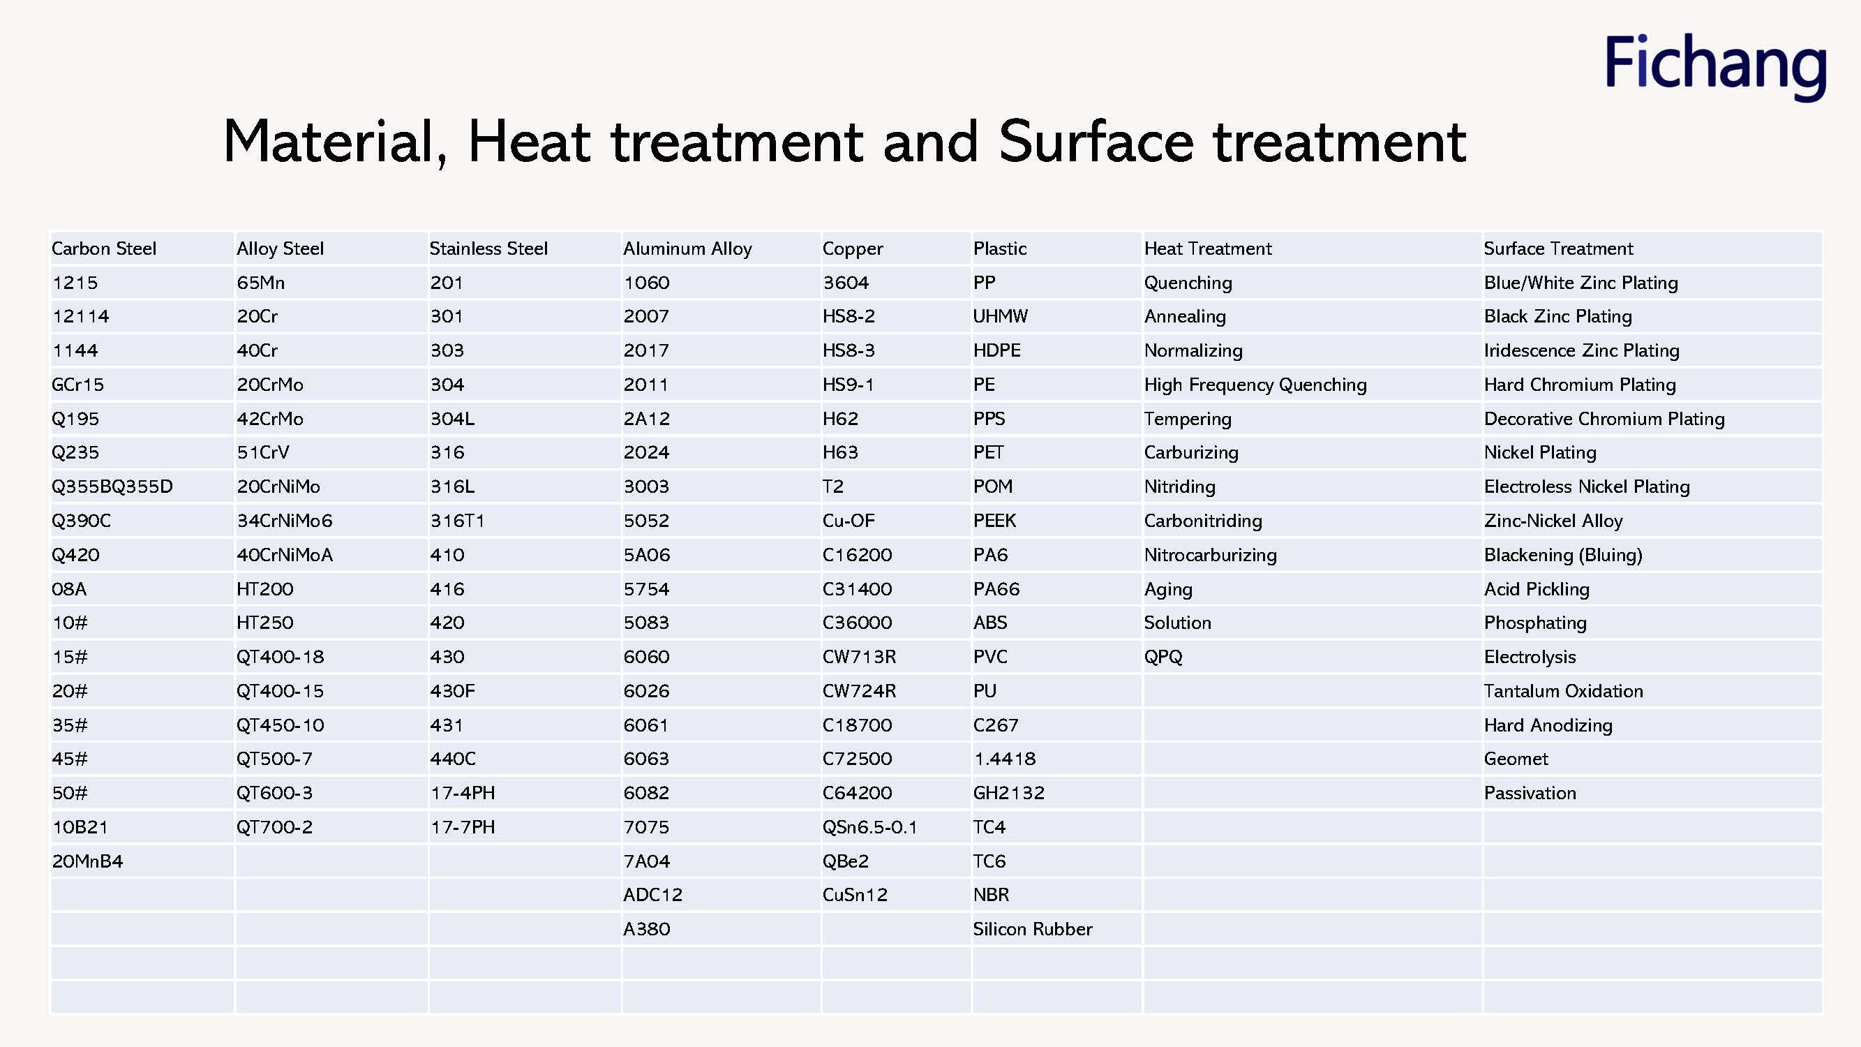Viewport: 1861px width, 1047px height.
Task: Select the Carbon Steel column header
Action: [104, 248]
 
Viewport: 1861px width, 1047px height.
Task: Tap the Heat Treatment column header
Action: [1208, 248]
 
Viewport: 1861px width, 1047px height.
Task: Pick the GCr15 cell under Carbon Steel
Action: [77, 385]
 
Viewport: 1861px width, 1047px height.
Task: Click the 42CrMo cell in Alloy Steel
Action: [270, 418]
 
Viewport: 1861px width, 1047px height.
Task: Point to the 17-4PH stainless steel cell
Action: [463, 793]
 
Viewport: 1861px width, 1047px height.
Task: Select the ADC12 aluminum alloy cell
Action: [653, 895]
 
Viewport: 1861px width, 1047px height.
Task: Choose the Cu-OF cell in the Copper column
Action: [849, 520]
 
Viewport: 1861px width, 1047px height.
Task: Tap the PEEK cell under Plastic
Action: [995, 520]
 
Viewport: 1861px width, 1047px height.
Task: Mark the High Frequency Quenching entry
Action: [1255, 385]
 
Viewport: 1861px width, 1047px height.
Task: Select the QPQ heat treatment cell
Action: [1164, 657]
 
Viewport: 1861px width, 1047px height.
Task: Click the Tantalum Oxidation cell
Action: [1563, 691]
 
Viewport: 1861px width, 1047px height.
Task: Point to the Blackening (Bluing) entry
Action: [1563, 555]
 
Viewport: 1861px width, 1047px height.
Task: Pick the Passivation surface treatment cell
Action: [1530, 793]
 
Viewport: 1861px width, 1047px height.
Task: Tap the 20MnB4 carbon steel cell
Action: [87, 861]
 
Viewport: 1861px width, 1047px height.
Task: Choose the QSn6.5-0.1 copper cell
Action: [870, 826]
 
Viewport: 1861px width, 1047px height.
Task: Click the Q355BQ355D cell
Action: [112, 487]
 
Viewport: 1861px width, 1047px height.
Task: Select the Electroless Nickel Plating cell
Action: [1587, 487]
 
